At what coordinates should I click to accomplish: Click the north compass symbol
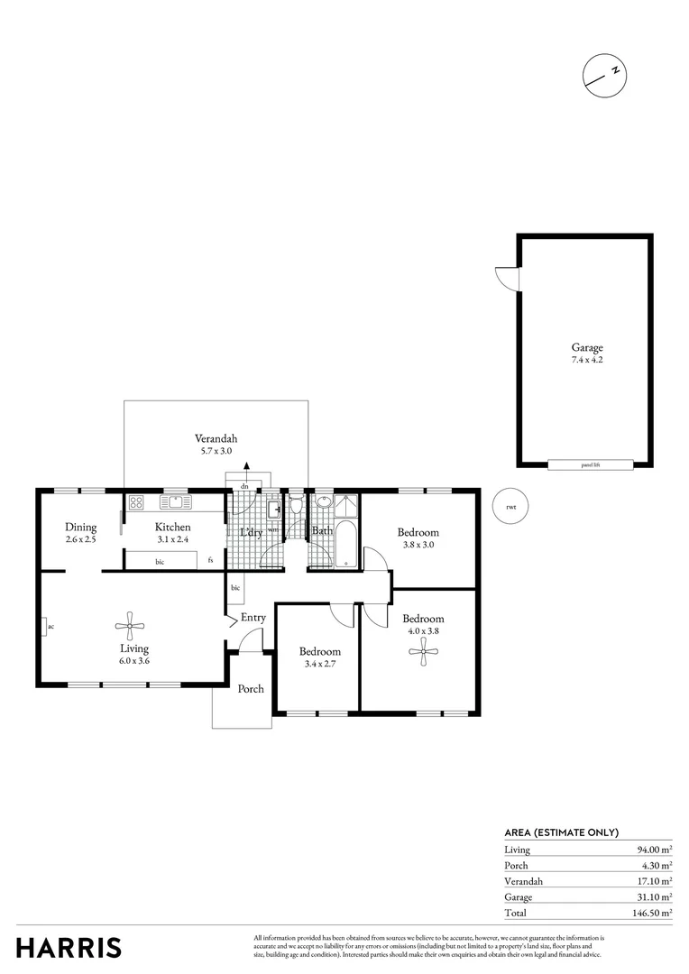click(x=603, y=73)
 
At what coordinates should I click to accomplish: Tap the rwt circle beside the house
click(x=511, y=507)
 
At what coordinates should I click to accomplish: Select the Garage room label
click(x=586, y=347)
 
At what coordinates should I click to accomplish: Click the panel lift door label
click(x=590, y=465)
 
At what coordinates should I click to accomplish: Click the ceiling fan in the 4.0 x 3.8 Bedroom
click(x=423, y=652)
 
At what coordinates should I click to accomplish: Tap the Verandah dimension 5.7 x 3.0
click(x=216, y=451)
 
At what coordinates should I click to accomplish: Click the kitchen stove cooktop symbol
click(x=136, y=502)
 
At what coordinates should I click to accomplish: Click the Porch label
click(x=251, y=689)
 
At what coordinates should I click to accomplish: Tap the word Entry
click(x=253, y=618)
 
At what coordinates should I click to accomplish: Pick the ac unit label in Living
click(x=51, y=626)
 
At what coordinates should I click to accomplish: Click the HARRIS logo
click(x=69, y=947)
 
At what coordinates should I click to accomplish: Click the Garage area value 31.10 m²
click(x=652, y=897)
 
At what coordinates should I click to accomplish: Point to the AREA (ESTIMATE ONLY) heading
click(x=561, y=833)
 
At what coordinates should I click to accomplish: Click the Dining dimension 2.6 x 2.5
click(x=81, y=539)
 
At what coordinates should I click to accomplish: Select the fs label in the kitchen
click(x=210, y=560)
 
